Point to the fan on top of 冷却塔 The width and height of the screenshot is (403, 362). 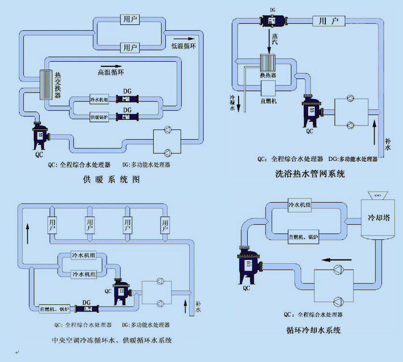376,195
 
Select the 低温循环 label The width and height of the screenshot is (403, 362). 185,46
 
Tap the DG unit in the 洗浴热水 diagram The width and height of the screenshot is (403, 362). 273,21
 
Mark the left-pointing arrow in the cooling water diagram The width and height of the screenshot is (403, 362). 337,260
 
